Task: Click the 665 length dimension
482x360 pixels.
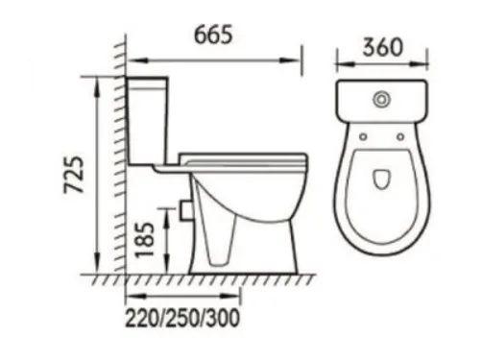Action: pyautogui.click(x=213, y=35)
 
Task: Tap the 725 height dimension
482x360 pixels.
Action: pyautogui.click(x=74, y=175)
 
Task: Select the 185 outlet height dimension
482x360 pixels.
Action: pyautogui.click(x=145, y=240)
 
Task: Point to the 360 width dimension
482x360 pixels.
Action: pyautogui.click(x=382, y=47)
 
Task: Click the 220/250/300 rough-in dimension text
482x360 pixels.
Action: pyautogui.click(x=182, y=318)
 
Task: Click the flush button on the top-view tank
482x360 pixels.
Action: pyautogui.click(x=381, y=100)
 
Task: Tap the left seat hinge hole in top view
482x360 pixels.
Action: pyautogui.click(x=363, y=136)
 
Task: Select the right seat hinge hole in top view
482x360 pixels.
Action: pyautogui.click(x=400, y=136)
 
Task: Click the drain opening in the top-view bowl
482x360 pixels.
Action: pyautogui.click(x=381, y=179)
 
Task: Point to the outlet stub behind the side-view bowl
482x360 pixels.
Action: pyautogui.click(x=185, y=210)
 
